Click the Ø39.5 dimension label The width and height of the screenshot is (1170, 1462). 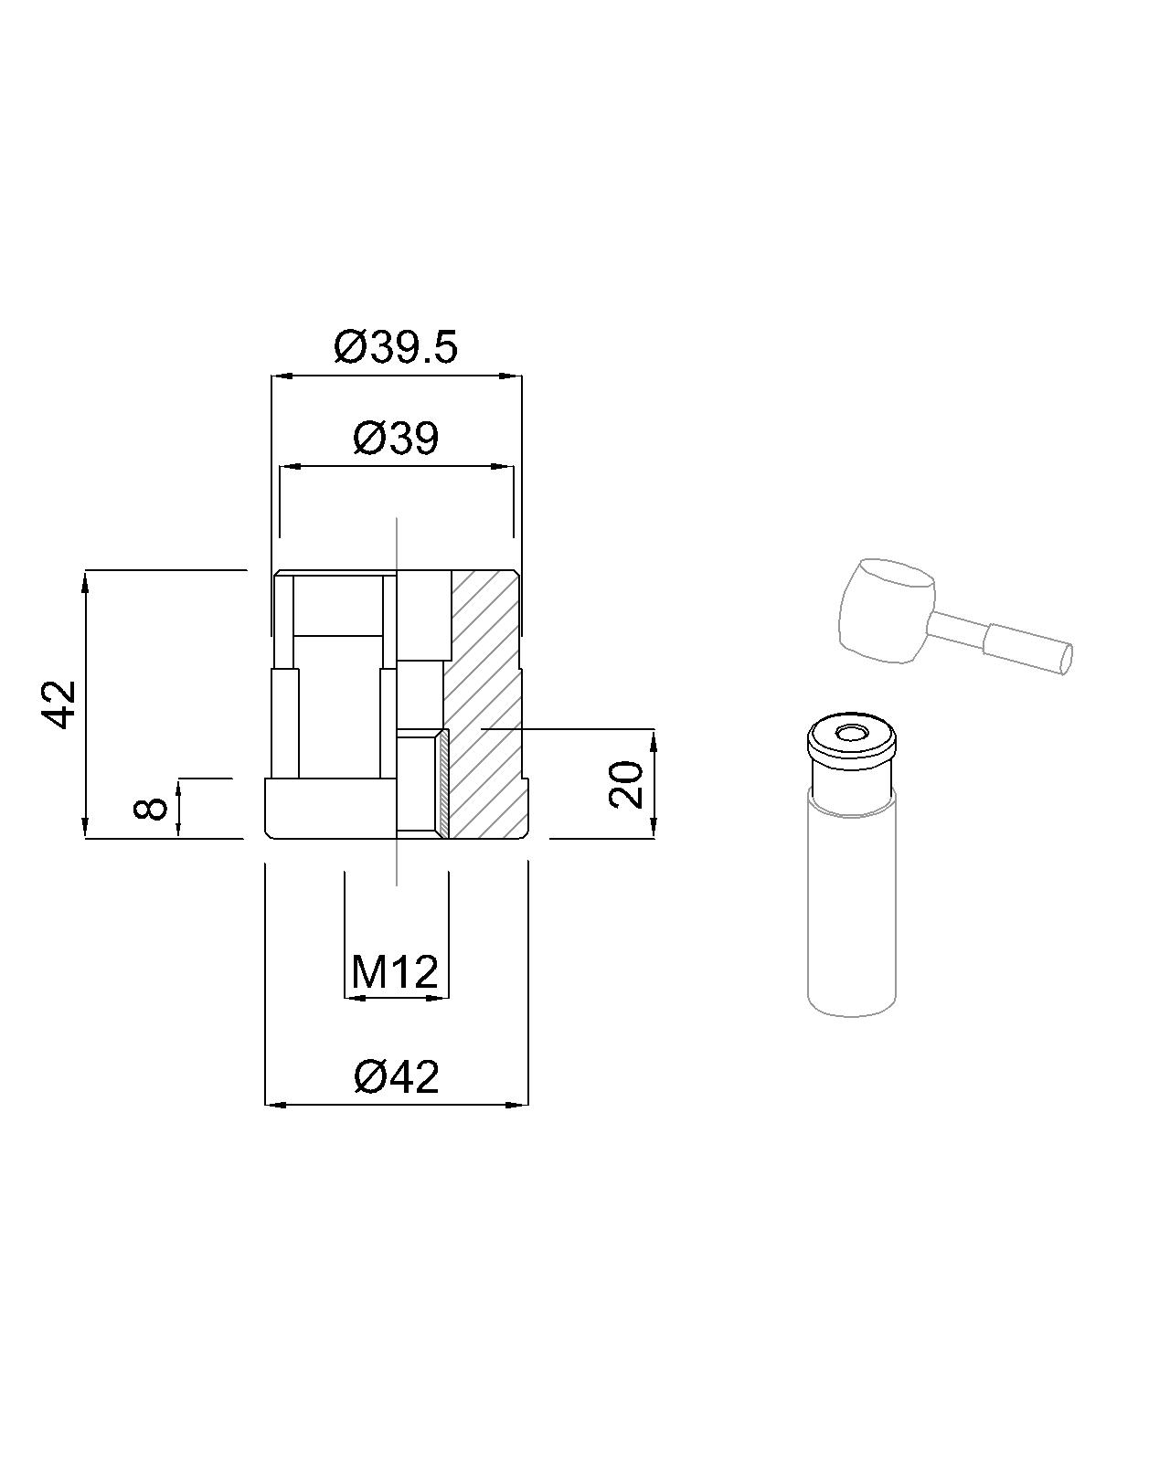[396, 347]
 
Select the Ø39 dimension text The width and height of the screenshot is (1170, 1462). [396, 439]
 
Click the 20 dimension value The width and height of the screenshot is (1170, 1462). [626, 785]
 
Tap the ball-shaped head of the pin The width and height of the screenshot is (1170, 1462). [887, 609]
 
